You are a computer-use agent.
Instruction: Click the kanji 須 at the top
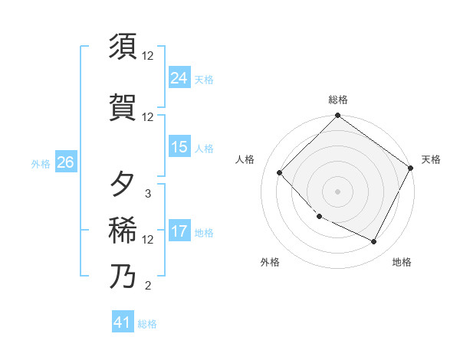[123, 47]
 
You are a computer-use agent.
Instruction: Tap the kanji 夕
[123, 184]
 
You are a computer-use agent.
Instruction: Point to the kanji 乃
[123, 276]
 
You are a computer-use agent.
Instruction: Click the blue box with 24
[179, 78]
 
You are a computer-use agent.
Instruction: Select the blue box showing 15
[179, 147]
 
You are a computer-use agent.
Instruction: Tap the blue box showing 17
[179, 231]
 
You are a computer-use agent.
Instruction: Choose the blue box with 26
[65, 162]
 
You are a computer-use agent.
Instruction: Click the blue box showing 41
[123, 322]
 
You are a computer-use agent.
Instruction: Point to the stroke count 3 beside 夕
[148, 193]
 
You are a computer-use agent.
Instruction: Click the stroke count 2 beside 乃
[148, 286]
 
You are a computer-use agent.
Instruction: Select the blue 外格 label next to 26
[40, 163]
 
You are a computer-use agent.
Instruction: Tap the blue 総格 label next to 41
[147, 324]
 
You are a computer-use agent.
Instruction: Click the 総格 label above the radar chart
[337, 100]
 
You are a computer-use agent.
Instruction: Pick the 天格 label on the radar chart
[431, 159]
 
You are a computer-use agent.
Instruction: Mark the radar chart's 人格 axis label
[245, 159]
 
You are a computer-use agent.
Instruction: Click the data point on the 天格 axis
[411, 168]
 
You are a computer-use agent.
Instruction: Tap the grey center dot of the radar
[337, 191]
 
